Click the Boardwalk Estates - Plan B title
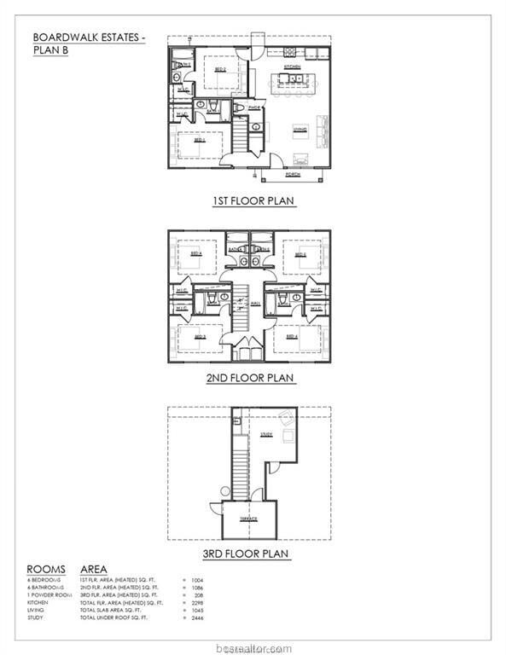89,43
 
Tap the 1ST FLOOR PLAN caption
253,201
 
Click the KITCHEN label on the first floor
292,66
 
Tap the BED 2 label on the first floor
218,71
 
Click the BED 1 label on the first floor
199,140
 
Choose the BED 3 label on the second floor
200,336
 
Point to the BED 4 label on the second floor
292,336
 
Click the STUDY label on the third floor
265,435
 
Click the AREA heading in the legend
94,568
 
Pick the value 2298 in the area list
200,603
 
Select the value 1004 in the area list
200,580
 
